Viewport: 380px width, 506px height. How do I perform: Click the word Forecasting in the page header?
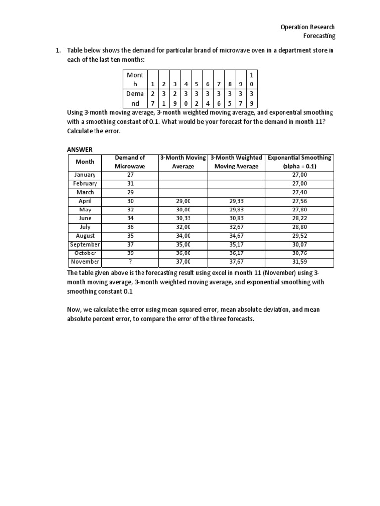pyautogui.click(x=319, y=36)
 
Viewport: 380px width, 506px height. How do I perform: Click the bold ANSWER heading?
pyautogui.click(x=79, y=149)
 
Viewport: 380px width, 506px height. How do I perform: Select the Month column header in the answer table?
pyautogui.click(x=85, y=162)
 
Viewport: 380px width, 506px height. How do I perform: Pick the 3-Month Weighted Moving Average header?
pyautogui.click(x=236, y=162)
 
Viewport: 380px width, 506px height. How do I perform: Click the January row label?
pyautogui.click(x=85, y=175)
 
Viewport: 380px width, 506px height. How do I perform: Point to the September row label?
pyautogui.click(x=85, y=245)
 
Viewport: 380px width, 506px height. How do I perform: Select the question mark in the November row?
pyautogui.click(x=130, y=262)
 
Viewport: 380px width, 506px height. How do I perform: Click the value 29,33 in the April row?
pyautogui.click(x=236, y=201)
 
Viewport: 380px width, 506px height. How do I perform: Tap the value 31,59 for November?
pyautogui.click(x=299, y=262)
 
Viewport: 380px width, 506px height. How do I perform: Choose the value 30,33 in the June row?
pyautogui.click(x=183, y=218)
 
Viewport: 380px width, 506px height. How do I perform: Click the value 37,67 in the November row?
pyautogui.click(x=236, y=262)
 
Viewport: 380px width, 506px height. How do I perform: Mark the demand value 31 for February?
pyautogui.click(x=130, y=184)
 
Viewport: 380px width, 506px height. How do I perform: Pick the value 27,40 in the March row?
pyautogui.click(x=299, y=192)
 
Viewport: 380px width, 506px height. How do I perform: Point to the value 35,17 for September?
pyautogui.click(x=236, y=245)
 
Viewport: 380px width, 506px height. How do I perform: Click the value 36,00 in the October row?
pyautogui.click(x=183, y=253)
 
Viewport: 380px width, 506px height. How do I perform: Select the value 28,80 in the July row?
pyautogui.click(x=299, y=227)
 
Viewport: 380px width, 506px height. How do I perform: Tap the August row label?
pyautogui.click(x=85, y=236)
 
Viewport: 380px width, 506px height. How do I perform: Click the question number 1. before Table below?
pyautogui.click(x=58, y=51)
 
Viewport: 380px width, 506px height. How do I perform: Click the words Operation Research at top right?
pyautogui.click(x=307, y=27)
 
